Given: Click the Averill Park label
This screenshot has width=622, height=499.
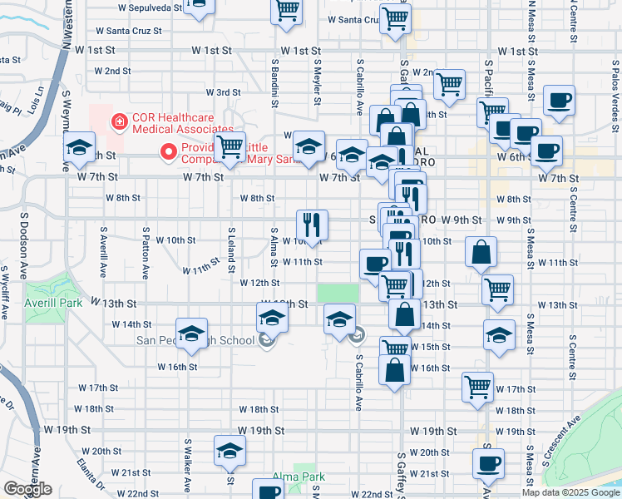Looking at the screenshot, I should tap(54, 303).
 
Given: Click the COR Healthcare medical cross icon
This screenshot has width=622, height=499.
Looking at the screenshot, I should tap(120, 121).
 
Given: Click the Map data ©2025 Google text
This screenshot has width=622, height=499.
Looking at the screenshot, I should tap(570, 492).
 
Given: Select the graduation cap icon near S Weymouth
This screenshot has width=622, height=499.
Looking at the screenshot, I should tap(80, 149).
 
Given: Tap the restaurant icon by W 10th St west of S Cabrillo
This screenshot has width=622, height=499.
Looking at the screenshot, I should tap(312, 225).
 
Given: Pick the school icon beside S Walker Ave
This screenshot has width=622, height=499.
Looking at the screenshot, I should tap(230, 451).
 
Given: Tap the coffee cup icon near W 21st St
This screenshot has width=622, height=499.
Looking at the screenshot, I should tap(488, 462).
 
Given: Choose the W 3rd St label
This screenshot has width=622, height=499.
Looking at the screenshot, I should tap(223, 91).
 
